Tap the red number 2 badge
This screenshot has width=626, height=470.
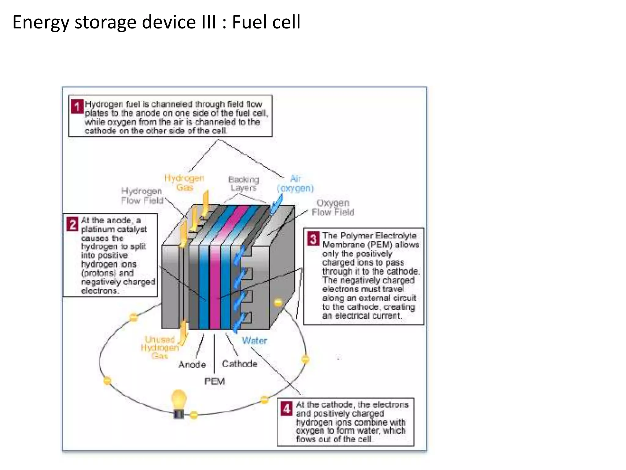point(72,224)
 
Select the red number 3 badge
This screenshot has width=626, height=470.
point(313,239)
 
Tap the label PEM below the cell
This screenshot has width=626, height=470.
point(214,381)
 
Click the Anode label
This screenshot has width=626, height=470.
point(192,364)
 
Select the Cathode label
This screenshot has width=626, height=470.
point(239,364)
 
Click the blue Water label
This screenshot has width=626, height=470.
point(254,341)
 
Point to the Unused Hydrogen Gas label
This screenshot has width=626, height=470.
point(160,348)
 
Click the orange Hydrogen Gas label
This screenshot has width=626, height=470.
point(184,183)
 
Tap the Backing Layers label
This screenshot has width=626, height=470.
point(244,184)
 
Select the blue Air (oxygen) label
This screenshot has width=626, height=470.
point(295,183)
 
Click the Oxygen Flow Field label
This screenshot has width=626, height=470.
point(333,207)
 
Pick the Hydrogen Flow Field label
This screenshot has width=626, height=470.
point(142,196)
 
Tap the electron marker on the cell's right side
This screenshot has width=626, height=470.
point(278,303)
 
